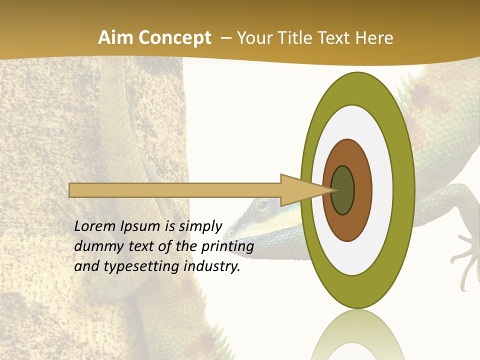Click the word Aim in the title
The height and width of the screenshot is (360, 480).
point(116,38)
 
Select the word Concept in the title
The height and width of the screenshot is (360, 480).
point(175,38)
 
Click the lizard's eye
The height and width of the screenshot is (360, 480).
point(262,204)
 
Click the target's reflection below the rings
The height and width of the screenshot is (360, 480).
point(357,335)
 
